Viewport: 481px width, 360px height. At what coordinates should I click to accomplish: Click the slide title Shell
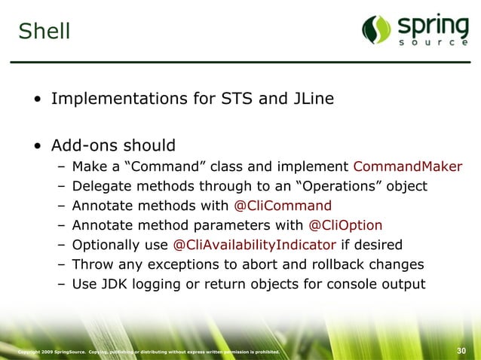[x=44, y=32]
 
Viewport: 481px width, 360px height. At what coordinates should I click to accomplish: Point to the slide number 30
[x=464, y=351]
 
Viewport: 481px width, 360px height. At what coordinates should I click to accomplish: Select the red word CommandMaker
[x=407, y=166]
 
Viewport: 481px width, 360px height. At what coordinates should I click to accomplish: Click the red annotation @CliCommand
[x=283, y=206]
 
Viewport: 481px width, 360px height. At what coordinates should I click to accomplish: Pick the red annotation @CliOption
[x=345, y=225]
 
